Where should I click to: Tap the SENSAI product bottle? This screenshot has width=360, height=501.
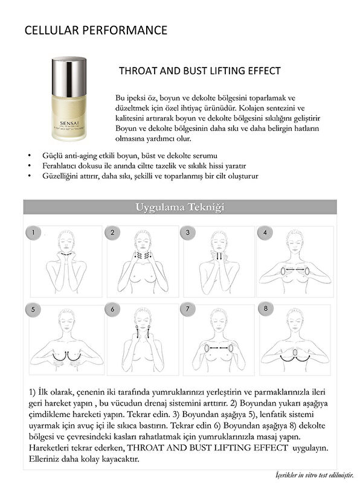click(68, 98)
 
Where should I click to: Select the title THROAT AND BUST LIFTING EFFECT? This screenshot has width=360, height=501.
click(200, 71)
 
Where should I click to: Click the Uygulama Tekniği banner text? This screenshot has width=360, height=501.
click(180, 208)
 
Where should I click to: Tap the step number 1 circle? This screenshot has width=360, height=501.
click(35, 232)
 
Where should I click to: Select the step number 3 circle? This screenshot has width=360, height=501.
click(188, 232)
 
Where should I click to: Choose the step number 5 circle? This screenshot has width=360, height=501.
click(35, 310)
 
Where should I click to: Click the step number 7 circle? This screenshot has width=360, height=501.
click(188, 310)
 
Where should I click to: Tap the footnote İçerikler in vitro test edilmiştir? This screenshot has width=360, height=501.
click(310, 476)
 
